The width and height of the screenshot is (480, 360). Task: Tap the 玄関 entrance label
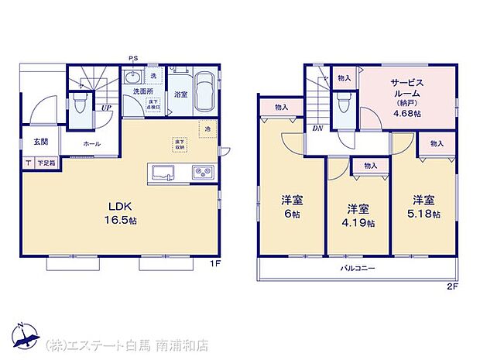[x=41, y=141]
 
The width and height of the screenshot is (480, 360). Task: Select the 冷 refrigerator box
[x=207, y=128]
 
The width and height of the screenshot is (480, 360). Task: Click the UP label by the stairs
[x=104, y=108]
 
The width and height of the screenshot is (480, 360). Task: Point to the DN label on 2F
[x=317, y=129]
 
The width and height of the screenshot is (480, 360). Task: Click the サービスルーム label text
[x=406, y=90]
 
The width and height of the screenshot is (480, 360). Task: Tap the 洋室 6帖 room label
[x=292, y=204]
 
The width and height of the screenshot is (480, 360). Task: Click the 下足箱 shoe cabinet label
[x=49, y=163]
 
